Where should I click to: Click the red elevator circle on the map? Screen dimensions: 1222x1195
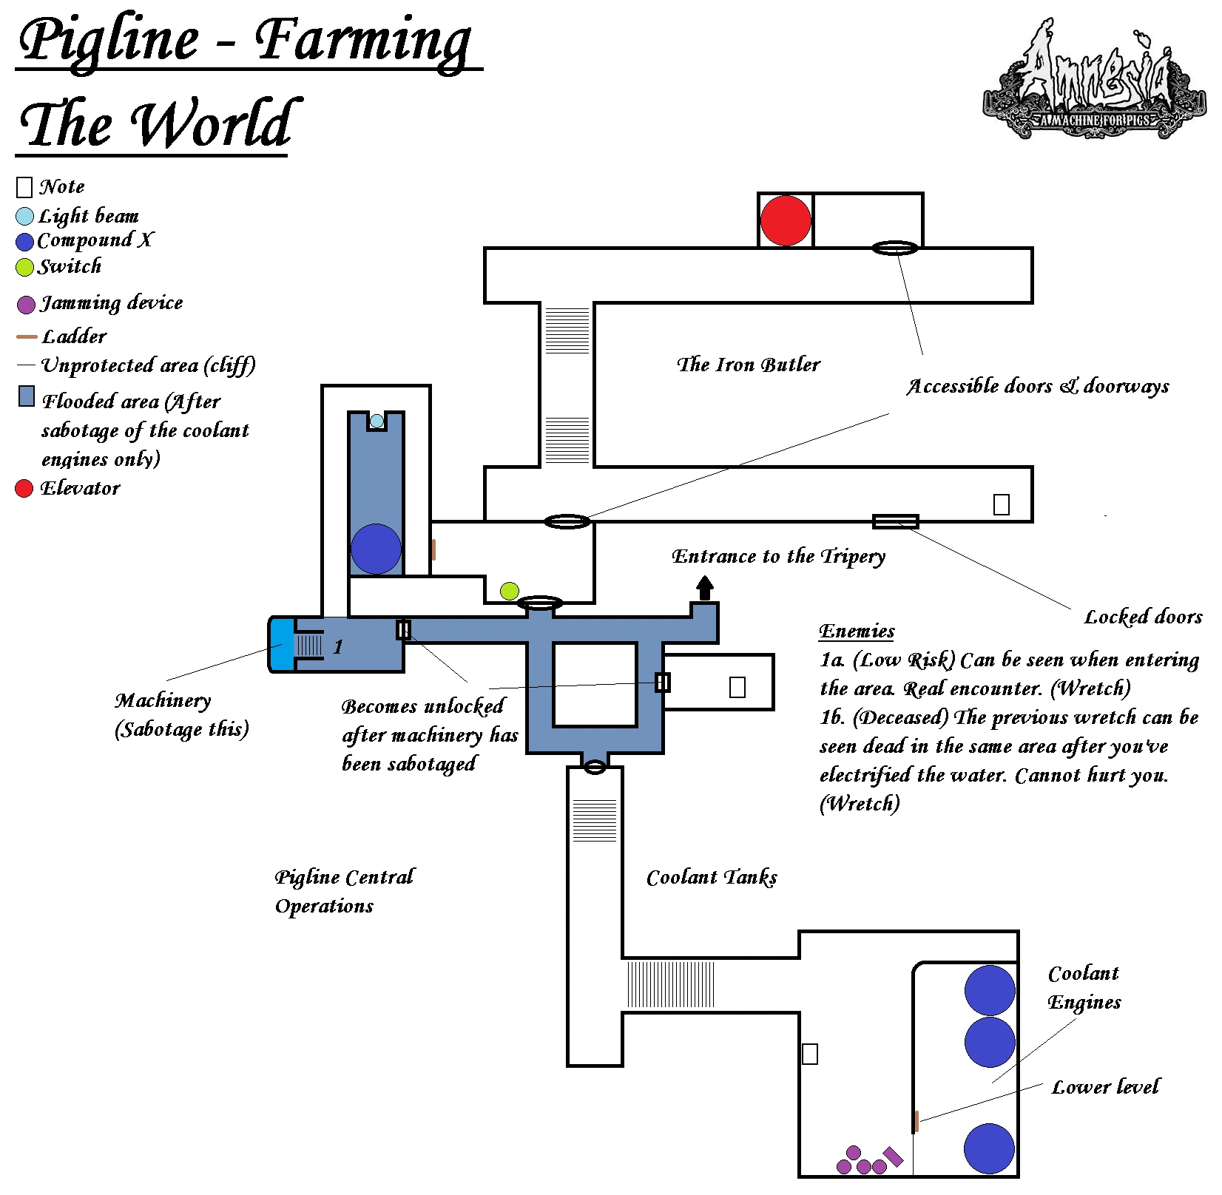pyautogui.click(x=786, y=220)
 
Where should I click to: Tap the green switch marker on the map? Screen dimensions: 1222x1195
pyautogui.click(x=510, y=591)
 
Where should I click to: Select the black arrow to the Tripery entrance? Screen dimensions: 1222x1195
pyautogui.click(x=705, y=589)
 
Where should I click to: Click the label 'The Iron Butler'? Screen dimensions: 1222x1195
pyautogui.click(x=749, y=365)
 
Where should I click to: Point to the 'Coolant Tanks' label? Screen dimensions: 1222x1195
pyautogui.click(x=712, y=878)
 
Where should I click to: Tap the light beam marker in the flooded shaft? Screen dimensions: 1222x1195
pyautogui.click(x=377, y=422)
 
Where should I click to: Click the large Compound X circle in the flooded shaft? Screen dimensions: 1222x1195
pyautogui.click(x=376, y=549)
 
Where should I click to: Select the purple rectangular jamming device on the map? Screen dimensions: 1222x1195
pyautogui.click(x=894, y=1157)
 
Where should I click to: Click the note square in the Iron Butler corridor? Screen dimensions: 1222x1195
pyautogui.click(x=1002, y=504)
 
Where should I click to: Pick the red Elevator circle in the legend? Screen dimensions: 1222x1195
pyautogui.click(x=24, y=488)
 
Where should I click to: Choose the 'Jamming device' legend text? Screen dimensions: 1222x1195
pyautogui.click(x=112, y=303)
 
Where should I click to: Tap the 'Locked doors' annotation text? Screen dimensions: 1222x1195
pyautogui.click(x=1144, y=617)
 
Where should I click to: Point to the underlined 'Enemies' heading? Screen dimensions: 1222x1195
pyautogui.click(x=857, y=631)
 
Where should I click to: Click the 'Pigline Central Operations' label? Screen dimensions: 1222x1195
pyautogui.click(x=345, y=891)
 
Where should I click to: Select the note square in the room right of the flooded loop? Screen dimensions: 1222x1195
pyautogui.click(x=737, y=688)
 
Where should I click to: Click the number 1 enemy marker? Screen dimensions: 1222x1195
pyautogui.click(x=338, y=647)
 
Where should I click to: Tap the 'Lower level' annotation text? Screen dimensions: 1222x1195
pyautogui.click(x=1106, y=1087)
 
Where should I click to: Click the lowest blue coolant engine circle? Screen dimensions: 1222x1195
pyautogui.click(x=990, y=1148)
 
